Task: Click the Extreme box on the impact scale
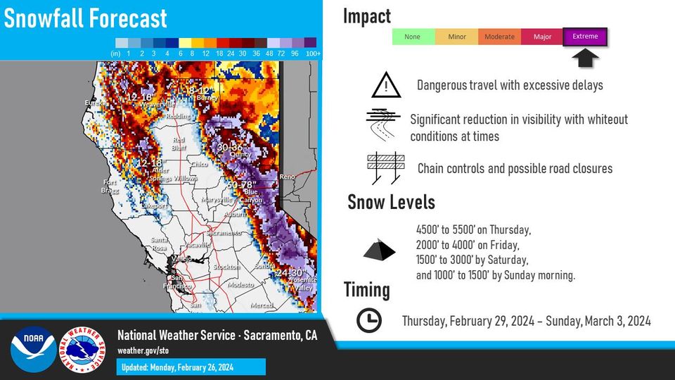click(585, 37)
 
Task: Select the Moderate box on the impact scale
click(499, 37)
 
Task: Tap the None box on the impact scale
click(413, 37)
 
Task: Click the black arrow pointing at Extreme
click(585, 58)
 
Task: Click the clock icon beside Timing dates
click(368, 321)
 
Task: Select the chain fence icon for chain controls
click(386, 168)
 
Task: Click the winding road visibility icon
click(384, 126)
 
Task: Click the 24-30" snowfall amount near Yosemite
click(289, 273)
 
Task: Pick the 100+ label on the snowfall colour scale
click(314, 53)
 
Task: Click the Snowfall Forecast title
click(86, 18)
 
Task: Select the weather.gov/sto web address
click(143, 350)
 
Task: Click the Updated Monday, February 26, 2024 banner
click(191, 367)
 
